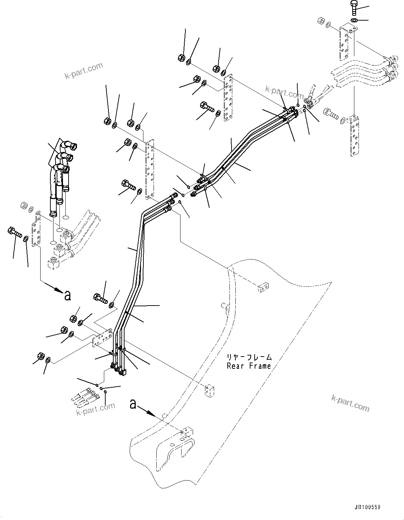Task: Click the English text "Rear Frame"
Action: click(x=249, y=366)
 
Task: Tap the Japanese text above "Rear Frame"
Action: click(x=249, y=357)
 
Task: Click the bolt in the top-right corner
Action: click(x=354, y=8)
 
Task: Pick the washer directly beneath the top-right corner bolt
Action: click(x=354, y=20)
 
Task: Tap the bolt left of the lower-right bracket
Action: click(x=331, y=113)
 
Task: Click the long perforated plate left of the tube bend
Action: click(x=150, y=170)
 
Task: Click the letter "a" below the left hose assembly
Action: click(x=67, y=295)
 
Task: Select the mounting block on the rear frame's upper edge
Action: click(x=263, y=287)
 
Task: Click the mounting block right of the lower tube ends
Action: click(x=209, y=391)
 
